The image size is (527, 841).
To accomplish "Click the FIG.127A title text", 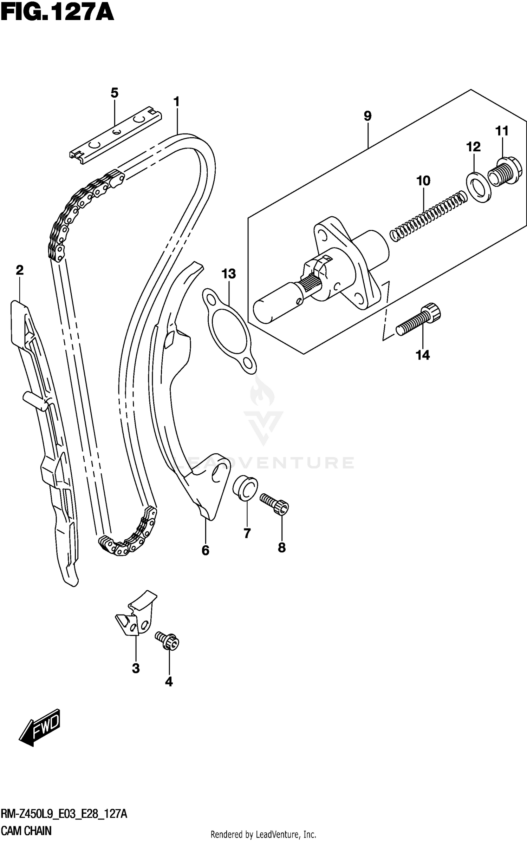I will [x=57, y=13].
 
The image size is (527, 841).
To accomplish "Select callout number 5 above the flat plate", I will [x=115, y=93].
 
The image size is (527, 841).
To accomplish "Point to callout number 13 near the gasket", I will [x=229, y=274].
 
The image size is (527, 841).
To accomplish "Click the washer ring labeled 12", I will [x=479, y=187].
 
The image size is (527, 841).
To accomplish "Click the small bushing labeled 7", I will [x=245, y=487].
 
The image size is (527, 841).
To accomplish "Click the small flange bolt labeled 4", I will [x=168, y=641].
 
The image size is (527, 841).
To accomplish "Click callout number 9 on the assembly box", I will [x=367, y=116].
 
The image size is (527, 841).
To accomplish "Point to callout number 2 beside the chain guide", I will [x=20, y=270].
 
